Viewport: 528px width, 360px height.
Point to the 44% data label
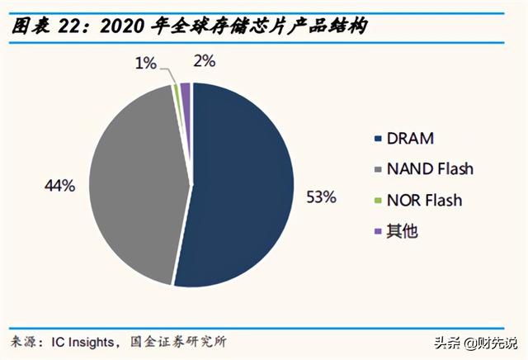coord(60,187)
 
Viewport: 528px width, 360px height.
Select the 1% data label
coord(146,63)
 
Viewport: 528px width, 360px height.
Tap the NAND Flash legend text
coord(432,169)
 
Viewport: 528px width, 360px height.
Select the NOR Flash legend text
coord(427,200)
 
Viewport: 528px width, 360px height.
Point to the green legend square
coord(379,201)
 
